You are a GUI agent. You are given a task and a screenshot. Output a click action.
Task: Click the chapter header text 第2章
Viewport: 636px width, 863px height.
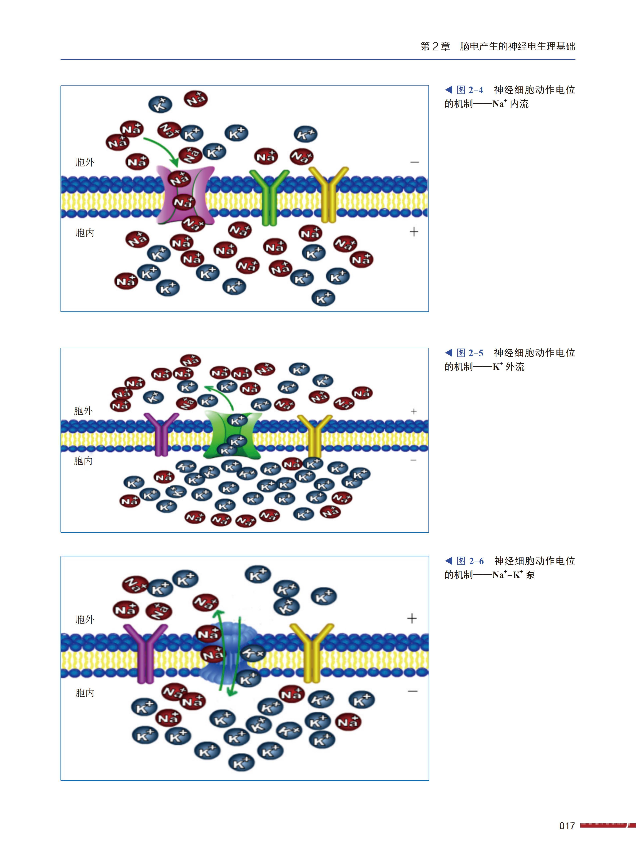435,47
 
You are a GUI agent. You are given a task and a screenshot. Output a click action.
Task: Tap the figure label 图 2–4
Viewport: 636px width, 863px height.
470,90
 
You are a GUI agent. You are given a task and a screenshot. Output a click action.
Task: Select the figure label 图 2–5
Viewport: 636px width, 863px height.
470,353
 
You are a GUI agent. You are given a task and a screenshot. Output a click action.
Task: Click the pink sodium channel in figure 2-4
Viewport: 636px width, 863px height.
186,194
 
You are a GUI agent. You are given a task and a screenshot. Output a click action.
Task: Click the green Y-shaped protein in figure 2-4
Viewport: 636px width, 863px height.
269,196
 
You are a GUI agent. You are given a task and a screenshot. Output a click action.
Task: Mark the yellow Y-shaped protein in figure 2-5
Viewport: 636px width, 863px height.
314,435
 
